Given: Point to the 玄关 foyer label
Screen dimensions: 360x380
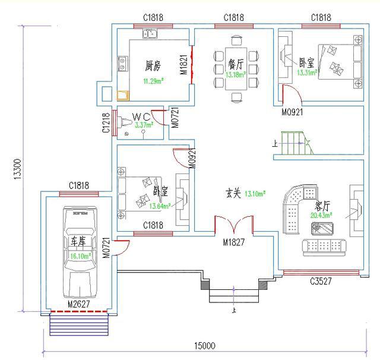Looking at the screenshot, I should coord(233,193).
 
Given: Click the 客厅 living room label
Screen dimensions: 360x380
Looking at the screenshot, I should coord(323,206).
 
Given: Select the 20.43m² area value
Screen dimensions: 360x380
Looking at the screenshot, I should coord(321,216).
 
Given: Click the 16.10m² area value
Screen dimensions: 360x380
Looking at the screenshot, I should coord(80,256).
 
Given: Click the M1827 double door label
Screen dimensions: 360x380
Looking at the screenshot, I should coord(235,242).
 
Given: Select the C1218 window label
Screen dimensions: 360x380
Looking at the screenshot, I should coord(106,123).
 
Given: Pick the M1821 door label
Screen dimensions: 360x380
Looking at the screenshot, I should coord(183,64).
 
